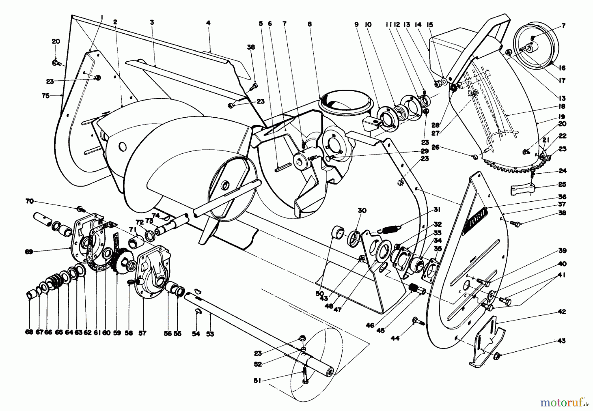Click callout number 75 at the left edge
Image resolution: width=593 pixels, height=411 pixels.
click(x=45, y=96)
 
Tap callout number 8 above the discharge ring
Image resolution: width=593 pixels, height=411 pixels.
click(x=310, y=24)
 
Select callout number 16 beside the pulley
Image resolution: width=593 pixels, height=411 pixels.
click(x=562, y=68)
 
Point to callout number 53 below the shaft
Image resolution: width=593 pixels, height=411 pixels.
click(x=210, y=334)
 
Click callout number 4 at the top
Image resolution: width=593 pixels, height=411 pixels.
click(x=208, y=23)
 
